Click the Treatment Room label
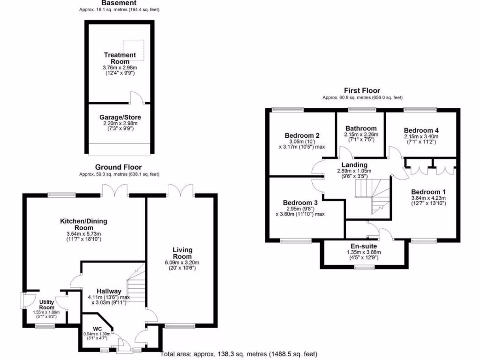tap(120, 58)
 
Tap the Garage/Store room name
tap(120, 117)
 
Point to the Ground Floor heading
tap(118, 167)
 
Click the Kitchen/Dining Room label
tap(83, 224)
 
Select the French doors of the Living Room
tap(180, 190)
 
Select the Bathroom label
tap(360, 128)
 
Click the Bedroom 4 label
tap(420, 130)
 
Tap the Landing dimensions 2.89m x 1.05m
tap(357, 171)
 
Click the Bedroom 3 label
tap(300, 202)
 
